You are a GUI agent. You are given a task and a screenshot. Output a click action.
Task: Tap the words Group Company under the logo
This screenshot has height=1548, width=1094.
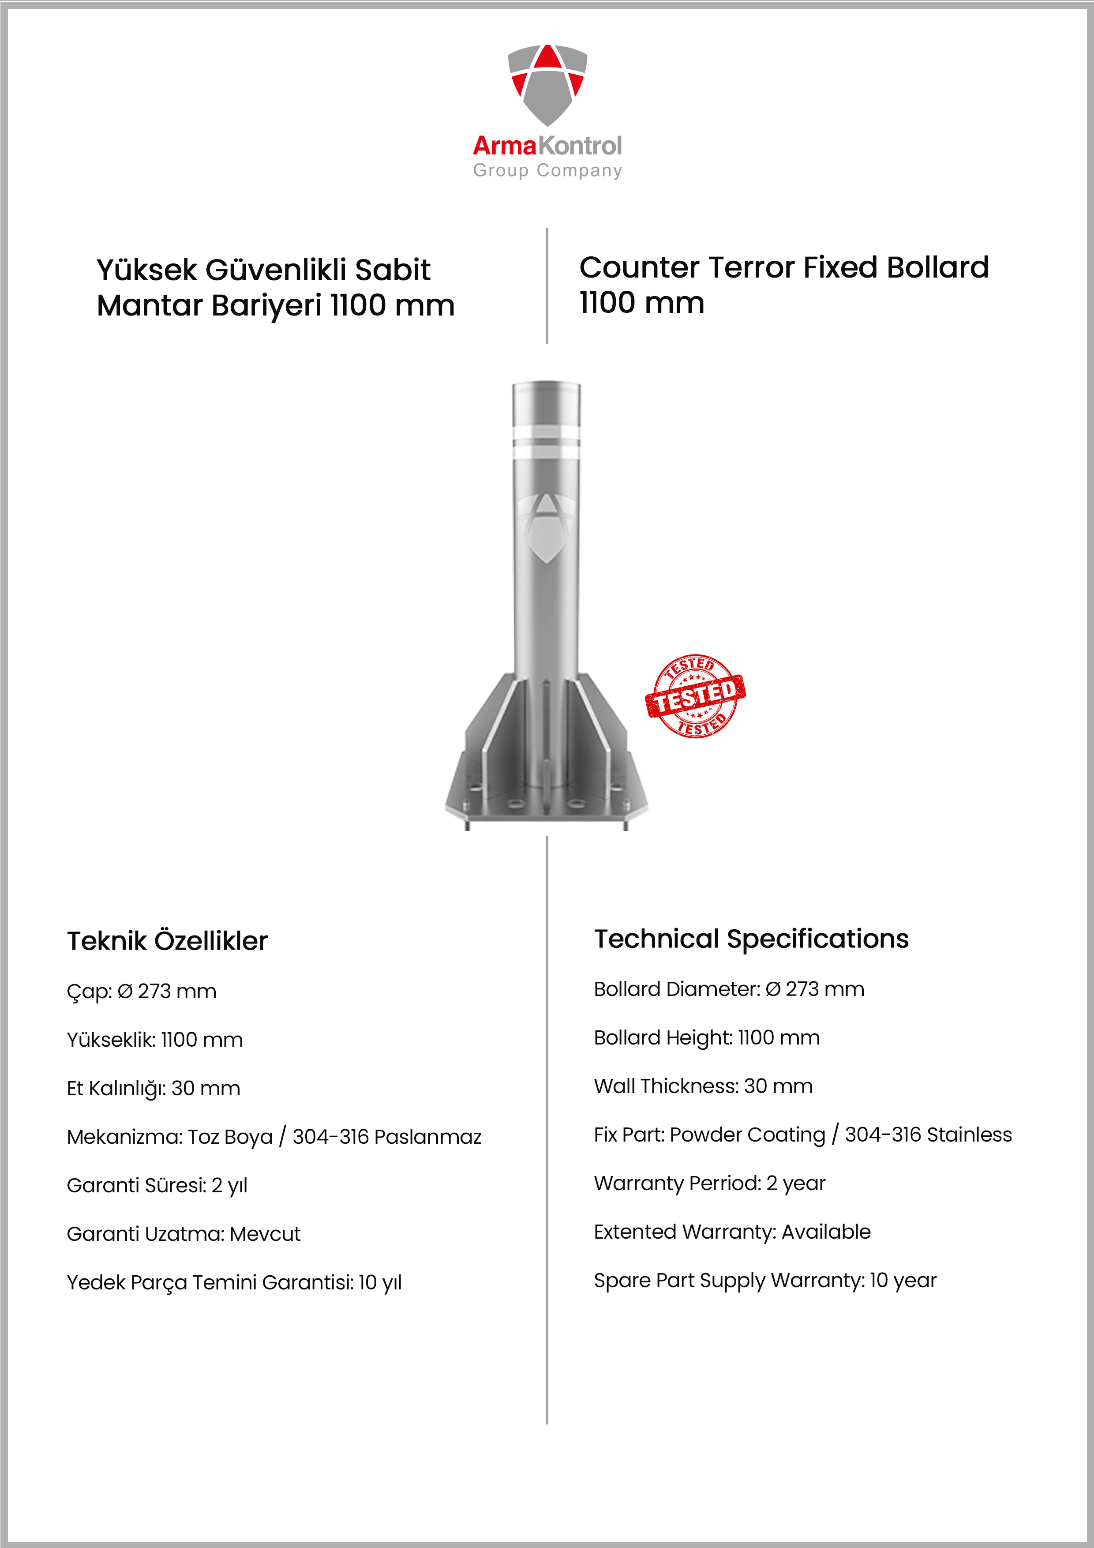point(547,171)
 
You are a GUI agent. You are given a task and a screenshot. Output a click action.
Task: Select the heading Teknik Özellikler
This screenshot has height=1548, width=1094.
point(167,940)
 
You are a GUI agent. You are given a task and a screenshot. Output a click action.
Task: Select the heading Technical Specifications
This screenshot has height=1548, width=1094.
point(751,939)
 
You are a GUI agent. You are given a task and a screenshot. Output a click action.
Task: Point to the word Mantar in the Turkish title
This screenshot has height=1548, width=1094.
point(150,305)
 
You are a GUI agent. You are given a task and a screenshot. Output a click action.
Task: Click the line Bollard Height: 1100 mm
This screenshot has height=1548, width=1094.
point(706,1037)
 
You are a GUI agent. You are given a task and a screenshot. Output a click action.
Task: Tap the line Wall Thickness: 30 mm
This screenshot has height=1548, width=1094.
point(703,1086)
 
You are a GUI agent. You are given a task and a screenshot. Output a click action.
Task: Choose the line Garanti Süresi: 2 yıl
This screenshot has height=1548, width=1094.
point(157,1185)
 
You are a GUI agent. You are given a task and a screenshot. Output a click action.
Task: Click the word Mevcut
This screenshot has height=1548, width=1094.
point(265,1234)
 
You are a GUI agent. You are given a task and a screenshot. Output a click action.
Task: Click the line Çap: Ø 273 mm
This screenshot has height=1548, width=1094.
point(142,991)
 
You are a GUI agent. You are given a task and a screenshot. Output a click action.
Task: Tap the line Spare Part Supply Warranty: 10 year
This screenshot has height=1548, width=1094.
point(765,1280)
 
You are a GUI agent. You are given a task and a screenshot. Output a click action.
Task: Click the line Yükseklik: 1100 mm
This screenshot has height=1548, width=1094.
point(154,1040)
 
